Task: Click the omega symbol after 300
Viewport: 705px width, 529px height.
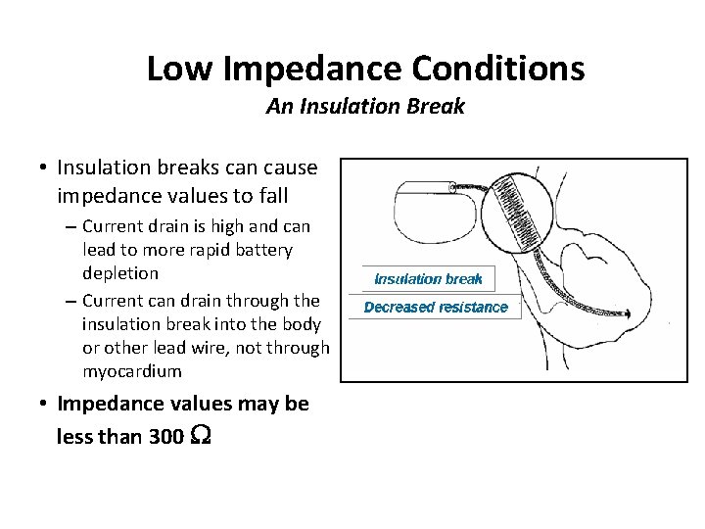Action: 199,436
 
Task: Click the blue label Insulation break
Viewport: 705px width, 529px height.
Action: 428,278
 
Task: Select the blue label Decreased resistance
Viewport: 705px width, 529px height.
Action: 436,307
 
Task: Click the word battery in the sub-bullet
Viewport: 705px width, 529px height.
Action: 264,250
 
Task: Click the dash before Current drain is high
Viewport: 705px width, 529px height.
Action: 71,226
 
